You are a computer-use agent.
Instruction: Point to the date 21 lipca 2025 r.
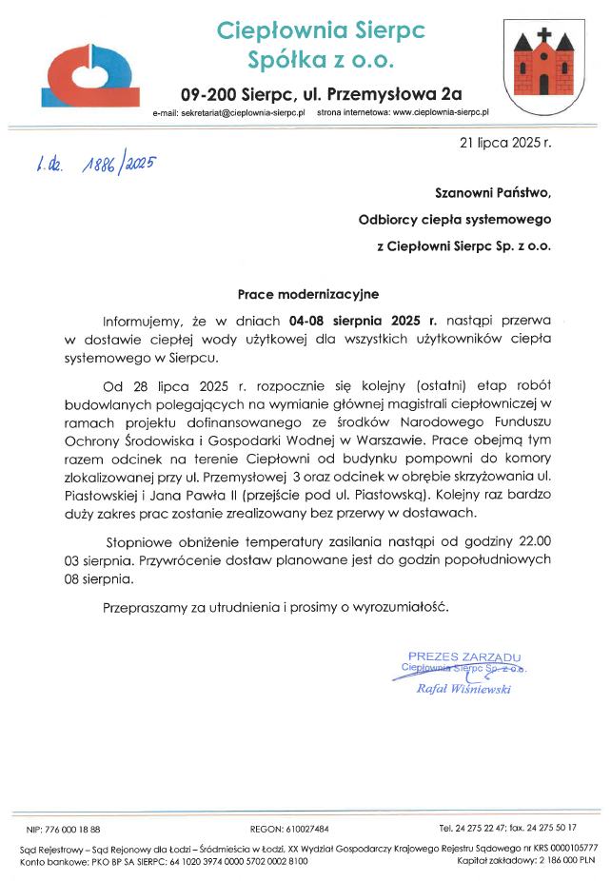504,146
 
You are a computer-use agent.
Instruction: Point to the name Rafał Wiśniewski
464,689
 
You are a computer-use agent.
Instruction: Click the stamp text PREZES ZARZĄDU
463,656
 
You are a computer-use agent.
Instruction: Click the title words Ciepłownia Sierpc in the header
321,30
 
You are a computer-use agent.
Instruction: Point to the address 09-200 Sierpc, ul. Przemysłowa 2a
321,94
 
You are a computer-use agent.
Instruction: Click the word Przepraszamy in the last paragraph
146,607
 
